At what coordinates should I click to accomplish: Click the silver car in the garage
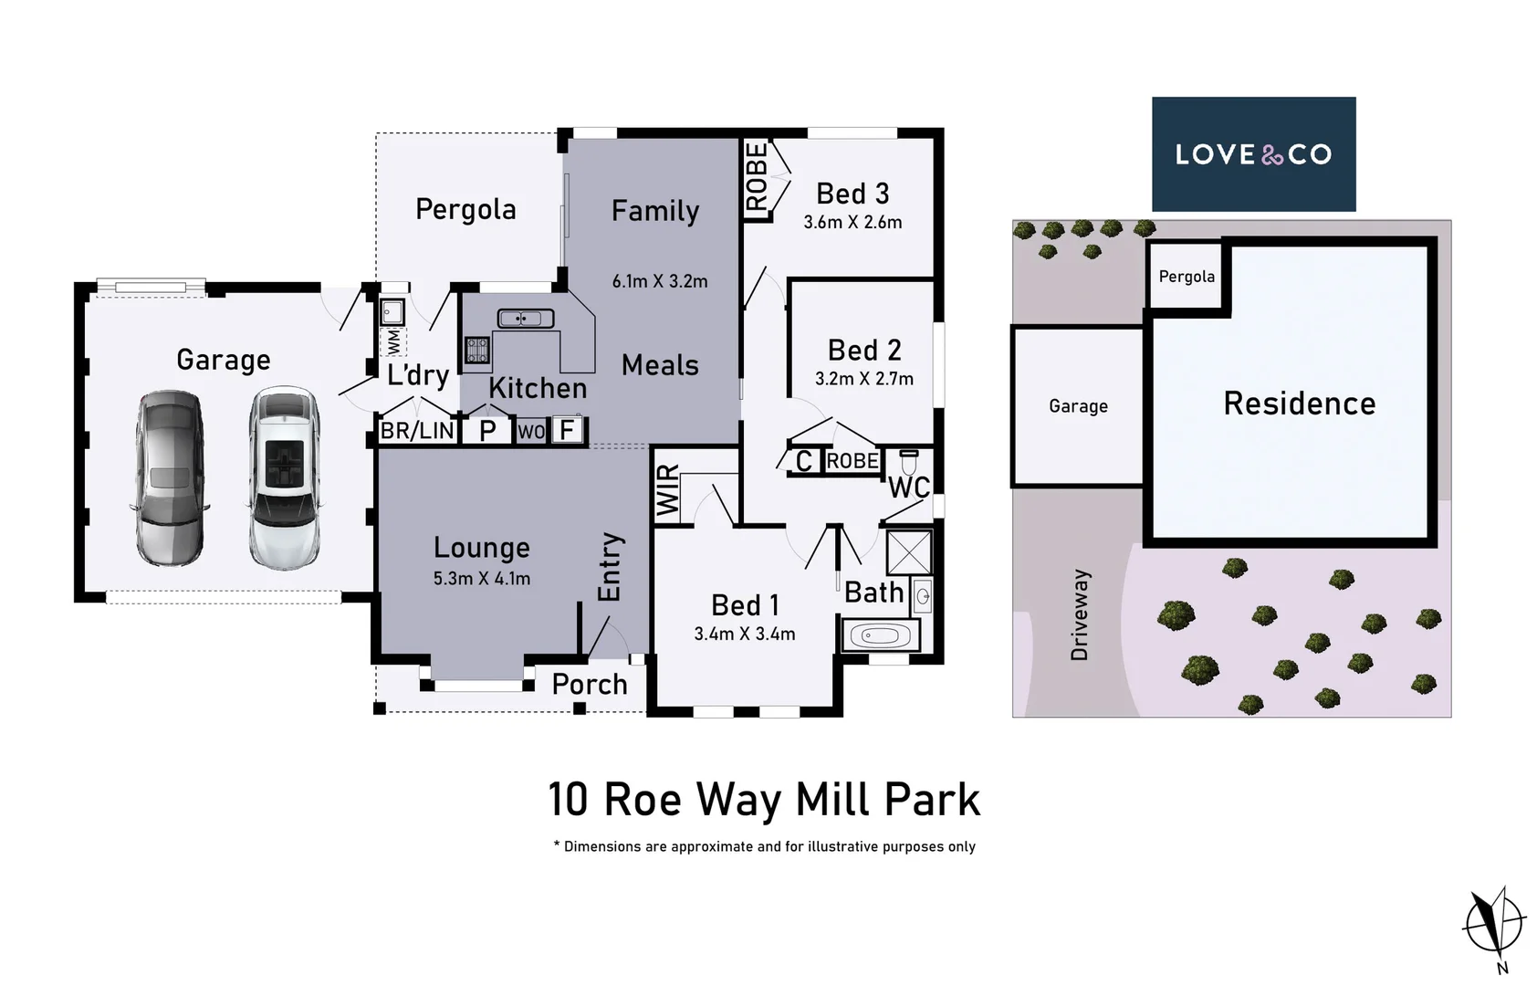tap(171, 478)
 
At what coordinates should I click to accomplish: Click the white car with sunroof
tap(284, 478)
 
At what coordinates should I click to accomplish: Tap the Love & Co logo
tap(1253, 154)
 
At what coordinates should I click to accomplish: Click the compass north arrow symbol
tap(1494, 923)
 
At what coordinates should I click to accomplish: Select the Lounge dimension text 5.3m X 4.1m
tap(482, 579)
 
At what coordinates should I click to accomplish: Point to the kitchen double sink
tap(525, 319)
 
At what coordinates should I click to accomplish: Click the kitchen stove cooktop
tap(476, 351)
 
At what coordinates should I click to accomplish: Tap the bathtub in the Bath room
tap(880, 635)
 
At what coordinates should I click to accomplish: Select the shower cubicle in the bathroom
tap(909, 552)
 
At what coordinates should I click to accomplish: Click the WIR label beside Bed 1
tap(668, 490)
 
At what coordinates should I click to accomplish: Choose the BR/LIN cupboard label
tap(417, 431)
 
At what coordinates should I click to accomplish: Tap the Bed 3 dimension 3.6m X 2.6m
tap(852, 222)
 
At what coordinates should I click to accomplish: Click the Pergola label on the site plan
tap(1187, 277)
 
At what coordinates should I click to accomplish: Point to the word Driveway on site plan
tap(1080, 614)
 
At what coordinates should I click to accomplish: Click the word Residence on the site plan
tap(1299, 404)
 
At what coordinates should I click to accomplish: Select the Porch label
tap(590, 685)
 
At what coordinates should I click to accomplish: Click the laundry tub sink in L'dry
tap(392, 313)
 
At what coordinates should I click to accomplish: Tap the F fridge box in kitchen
tap(568, 430)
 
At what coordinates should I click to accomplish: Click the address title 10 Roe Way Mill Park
tap(763, 800)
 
